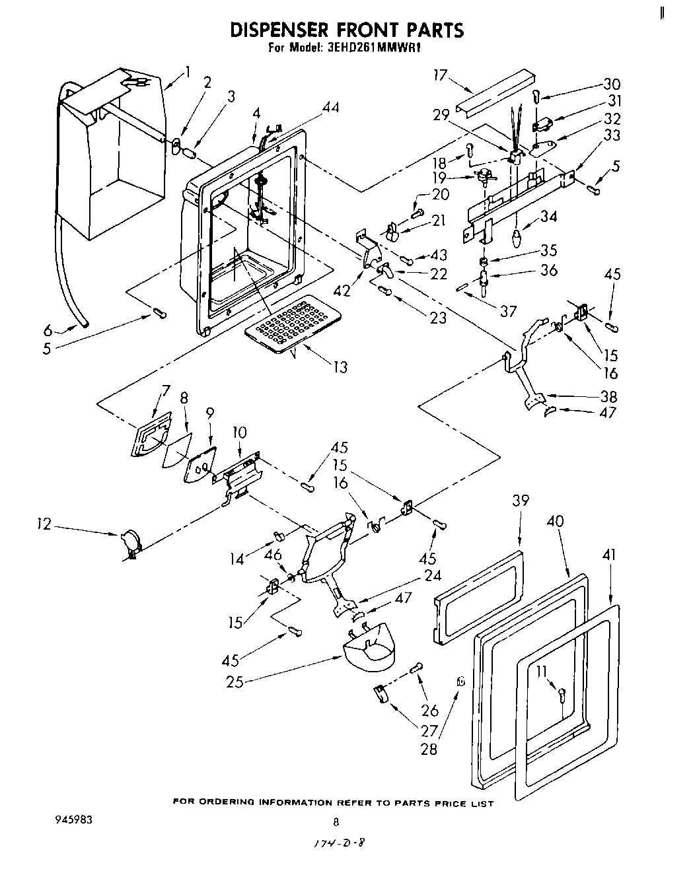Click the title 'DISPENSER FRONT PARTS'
[346, 30]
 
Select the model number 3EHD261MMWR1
[374, 48]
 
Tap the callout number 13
[340, 368]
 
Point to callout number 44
[330, 107]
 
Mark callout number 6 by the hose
[48, 330]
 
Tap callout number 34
[548, 216]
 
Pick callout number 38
[608, 396]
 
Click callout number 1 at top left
[188, 71]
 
